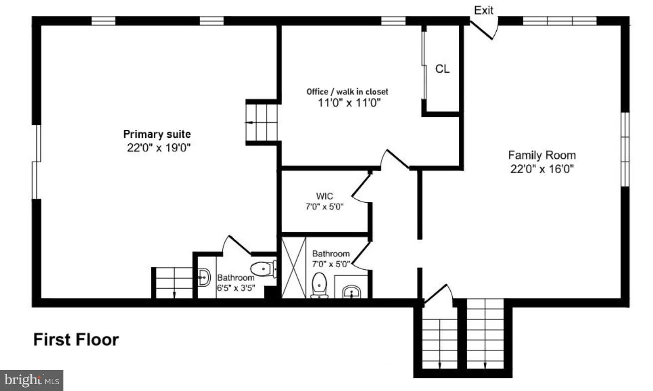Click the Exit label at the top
click(x=483, y=10)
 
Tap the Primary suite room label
click(x=157, y=134)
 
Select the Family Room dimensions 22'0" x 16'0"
click(x=542, y=169)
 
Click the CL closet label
click(x=442, y=69)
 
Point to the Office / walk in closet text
click(x=347, y=92)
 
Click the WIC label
click(x=324, y=196)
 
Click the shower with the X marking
click(x=294, y=268)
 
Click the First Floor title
click(x=76, y=340)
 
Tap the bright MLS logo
click(x=31, y=381)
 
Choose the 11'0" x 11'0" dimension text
click(x=347, y=102)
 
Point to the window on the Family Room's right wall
click(x=625, y=149)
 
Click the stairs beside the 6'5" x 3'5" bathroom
click(x=173, y=283)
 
